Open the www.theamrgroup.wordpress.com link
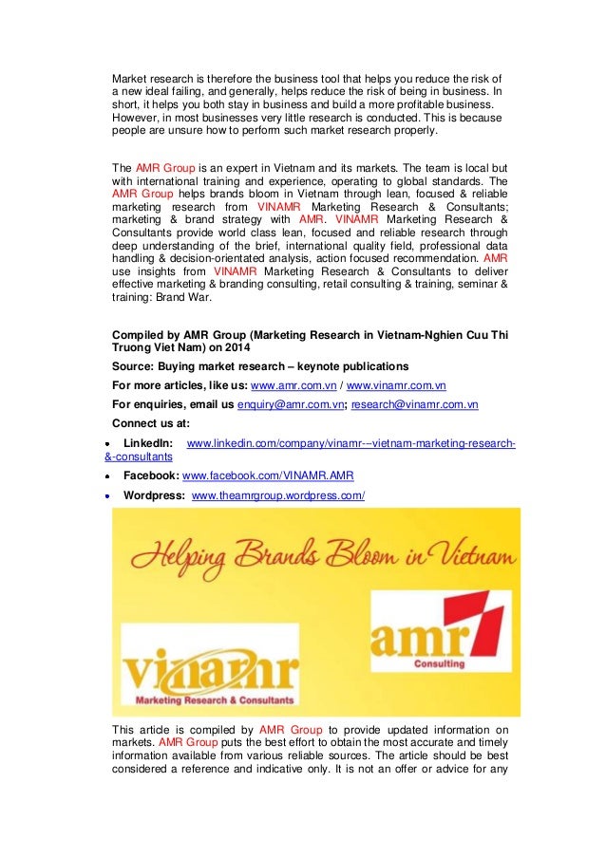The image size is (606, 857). tap(277, 495)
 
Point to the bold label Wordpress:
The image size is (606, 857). tap(154, 495)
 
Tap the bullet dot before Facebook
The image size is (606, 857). tap(110, 476)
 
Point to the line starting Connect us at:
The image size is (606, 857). tap(150, 423)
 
